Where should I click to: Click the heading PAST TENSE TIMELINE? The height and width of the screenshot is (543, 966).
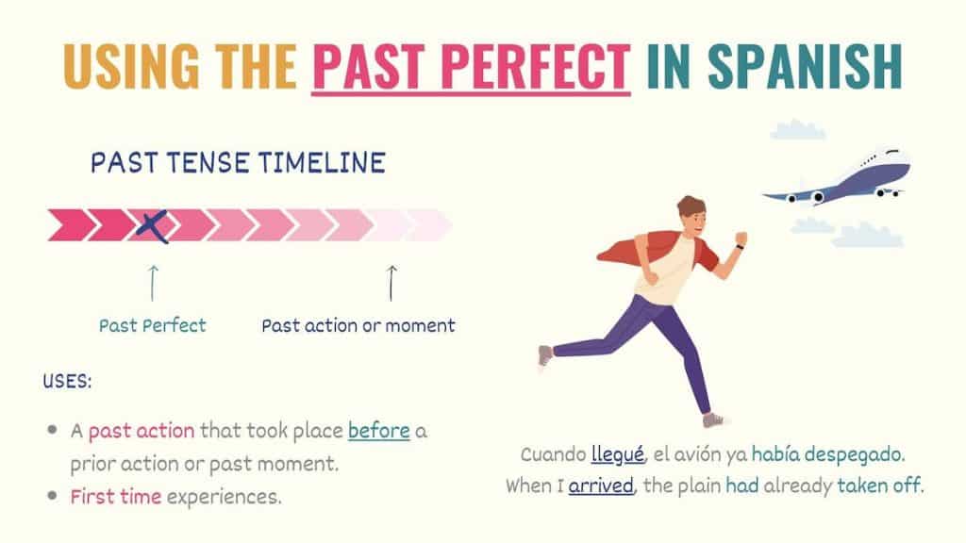238,163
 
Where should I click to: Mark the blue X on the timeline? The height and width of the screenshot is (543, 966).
154,225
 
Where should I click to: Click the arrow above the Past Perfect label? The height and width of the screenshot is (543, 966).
153,282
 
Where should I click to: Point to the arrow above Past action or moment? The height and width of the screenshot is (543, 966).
391,282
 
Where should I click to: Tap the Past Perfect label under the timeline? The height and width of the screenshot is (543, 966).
153,326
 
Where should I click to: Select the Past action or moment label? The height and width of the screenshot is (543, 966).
358,326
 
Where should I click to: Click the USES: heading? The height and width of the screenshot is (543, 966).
67,384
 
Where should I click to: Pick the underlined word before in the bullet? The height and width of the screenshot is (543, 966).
379,432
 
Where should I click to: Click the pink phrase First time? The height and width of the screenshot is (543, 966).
115,497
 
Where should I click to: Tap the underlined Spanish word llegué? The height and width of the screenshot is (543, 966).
618,455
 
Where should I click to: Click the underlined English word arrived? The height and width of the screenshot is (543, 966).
601,486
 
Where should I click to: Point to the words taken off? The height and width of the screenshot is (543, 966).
884,486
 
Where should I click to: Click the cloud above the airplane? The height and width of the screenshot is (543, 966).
797,130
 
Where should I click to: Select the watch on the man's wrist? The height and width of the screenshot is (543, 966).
738,248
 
